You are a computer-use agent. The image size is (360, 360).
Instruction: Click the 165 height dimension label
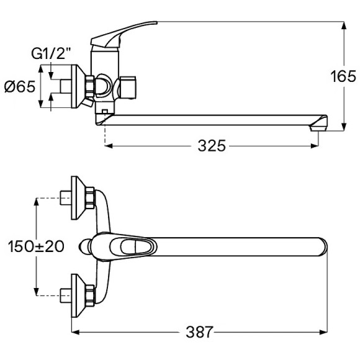pos(343,76)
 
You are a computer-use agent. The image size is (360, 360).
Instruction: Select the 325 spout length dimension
pos(212,146)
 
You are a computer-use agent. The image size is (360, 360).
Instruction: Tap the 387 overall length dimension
pos(199,332)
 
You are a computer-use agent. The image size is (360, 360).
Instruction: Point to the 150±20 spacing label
pos(36,246)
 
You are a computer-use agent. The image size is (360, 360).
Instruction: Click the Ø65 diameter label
pos(20,87)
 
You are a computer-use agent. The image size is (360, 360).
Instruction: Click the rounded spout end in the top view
pos(323,247)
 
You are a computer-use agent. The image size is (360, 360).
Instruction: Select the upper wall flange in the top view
pos(79,198)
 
